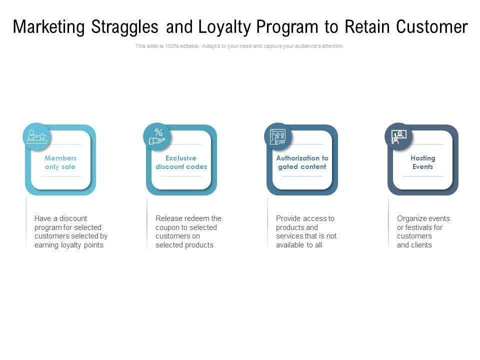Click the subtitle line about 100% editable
click(x=239, y=46)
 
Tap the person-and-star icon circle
click(x=36, y=136)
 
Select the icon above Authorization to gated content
click(x=278, y=136)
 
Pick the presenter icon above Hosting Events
click(x=398, y=136)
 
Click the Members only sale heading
click(x=60, y=162)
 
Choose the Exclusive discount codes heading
click(x=181, y=162)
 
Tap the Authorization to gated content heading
click(x=302, y=162)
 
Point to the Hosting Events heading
click(x=423, y=162)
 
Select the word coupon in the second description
click(x=167, y=227)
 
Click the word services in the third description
click(x=289, y=236)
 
